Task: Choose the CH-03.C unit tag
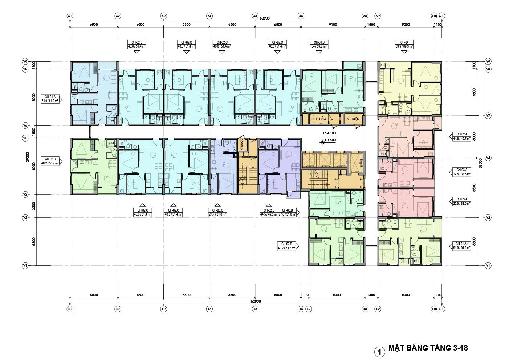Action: [x=217, y=212]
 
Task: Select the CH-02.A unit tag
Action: [x=461, y=136]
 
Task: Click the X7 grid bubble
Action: [x=309, y=309]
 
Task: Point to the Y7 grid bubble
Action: [x=488, y=115]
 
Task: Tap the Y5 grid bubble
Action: [x=25, y=138]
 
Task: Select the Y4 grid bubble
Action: [x=488, y=158]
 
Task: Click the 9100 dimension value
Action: [x=333, y=25]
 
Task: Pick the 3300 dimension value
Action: [x=33, y=206]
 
